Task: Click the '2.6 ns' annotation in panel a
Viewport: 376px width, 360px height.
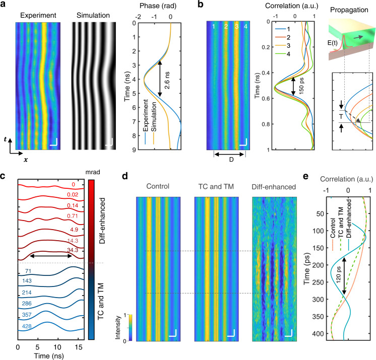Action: [x=167, y=80]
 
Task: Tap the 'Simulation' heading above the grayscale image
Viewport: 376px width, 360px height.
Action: [x=93, y=15]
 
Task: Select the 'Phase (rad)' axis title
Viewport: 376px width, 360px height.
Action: [x=158, y=6]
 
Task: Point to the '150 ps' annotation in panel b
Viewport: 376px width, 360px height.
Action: [x=301, y=86]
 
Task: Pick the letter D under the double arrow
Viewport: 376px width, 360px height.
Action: [x=231, y=160]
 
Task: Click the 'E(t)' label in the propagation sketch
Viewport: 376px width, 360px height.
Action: [x=332, y=43]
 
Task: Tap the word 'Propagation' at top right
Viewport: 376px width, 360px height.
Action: [x=349, y=10]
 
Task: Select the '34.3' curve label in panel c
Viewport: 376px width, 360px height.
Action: [x=73, y=250]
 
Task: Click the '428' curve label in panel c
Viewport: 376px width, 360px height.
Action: [x=27, y=326]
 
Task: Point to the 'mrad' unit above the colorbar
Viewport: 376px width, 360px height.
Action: [x=93, y=172]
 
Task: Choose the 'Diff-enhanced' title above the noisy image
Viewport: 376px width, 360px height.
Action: [x=274, y=187]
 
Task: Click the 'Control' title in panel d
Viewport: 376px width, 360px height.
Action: [x=158, y=186]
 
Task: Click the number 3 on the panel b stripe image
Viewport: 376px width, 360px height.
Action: [x=237, y=26]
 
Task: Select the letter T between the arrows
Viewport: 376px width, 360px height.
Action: [x=341, y=117]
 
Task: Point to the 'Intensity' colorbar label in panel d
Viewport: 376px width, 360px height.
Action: [x=118, y=327]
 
